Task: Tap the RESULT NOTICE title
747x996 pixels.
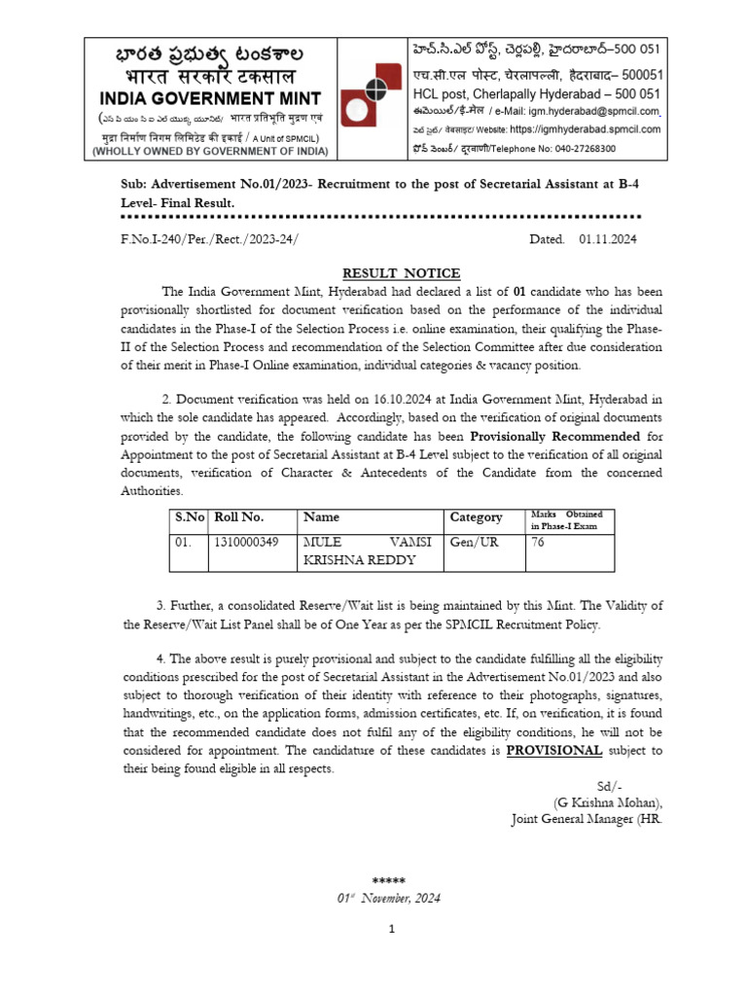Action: (401, 273)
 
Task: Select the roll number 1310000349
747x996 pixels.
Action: (245, 542)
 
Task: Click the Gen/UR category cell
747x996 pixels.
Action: (473, 542)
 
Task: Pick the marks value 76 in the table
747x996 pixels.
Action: (537, 542)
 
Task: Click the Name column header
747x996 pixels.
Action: (322, 517)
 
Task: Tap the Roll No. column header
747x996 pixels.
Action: (238, 517)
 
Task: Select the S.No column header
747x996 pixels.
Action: (190, 517)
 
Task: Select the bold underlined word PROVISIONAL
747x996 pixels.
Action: (554, 751)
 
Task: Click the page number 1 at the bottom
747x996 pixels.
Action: (392, 930)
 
